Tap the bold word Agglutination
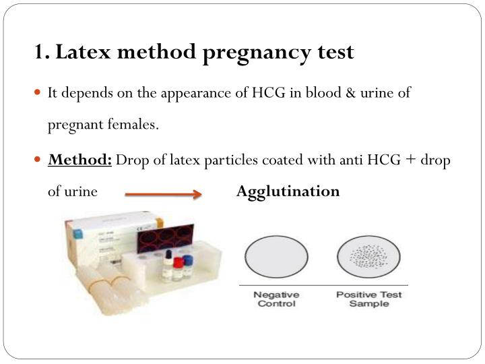pyautogui.click(x=288, y=191)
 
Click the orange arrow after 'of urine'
pyautogui.click(x=164, y=194)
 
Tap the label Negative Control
pyautogui.click(x=276, y=299)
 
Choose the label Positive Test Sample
pyautogui.click(x=369, y=299)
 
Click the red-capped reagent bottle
pyautogui.click(x=179, y=270)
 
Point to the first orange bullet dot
pyautogui.click(x=40, y=93)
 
